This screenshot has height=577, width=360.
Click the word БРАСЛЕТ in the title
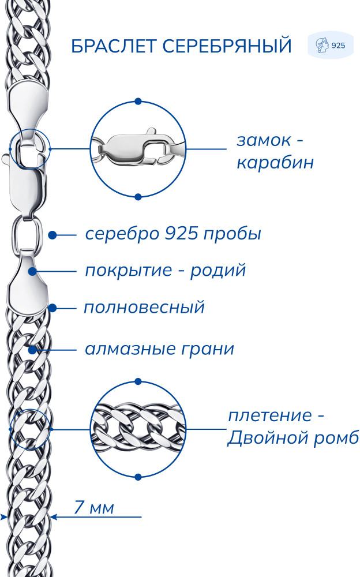pyautogui.click(x=114, y=46)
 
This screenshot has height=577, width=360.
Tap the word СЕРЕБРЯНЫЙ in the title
pyautogui.click(x=227, y=46)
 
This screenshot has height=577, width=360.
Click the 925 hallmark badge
pyautogui.click(x=331, y=45)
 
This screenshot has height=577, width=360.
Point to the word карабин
pyautogui.click(x=275, y=162)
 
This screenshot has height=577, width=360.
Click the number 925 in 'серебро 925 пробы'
pyautogui.click(x=180, y=233)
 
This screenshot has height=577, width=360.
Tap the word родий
pyautogui.click(x=218, y=271)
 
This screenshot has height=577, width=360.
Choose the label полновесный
pyautogui.click(x=144, y=308)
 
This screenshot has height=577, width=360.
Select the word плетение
pyautogui.click(x=270, y=416)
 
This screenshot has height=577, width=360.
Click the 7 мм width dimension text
pyautogui.click(x=94, y=507)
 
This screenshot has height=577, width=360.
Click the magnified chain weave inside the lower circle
pyautogui.click(x=138, y=429)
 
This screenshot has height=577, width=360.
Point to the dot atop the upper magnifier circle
pyautogui.click(x=138, y=101)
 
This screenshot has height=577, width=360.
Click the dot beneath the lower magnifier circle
pyautogui.click(x=138, y=477)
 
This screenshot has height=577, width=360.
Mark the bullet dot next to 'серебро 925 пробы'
pyautogui.click(x=52, y=235)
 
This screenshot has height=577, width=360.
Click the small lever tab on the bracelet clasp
pyautogui.click(x=6, y=159)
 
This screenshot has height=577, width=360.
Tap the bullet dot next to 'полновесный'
pyautogui.click(x=52, y=308)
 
